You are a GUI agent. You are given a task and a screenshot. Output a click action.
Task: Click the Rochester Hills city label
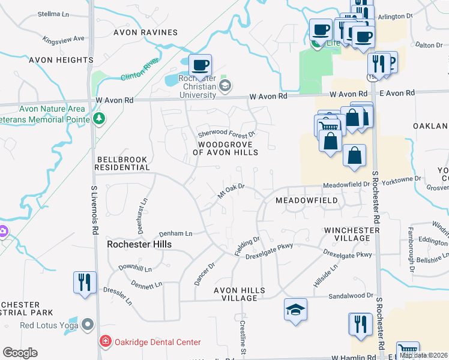139,244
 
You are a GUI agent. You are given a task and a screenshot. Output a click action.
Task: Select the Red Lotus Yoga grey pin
88,326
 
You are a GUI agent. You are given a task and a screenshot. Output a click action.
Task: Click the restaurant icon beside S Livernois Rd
83,282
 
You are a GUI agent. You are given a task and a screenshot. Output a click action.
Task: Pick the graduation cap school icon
295,310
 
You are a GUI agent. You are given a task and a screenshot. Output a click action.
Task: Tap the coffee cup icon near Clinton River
200,64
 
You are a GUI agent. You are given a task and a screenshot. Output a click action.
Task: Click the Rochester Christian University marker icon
224,85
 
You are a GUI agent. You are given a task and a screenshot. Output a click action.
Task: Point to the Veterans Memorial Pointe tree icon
100,118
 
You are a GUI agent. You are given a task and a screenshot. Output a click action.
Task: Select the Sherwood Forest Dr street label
228,133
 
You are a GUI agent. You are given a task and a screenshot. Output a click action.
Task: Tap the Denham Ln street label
175,233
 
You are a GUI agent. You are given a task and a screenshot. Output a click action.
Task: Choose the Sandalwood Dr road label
350,296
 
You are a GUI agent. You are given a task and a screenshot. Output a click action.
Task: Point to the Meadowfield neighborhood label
306,200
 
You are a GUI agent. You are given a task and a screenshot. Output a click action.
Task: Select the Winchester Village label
352,234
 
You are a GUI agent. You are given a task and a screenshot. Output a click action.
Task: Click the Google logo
20,352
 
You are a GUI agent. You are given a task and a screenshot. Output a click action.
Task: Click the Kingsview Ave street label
64,40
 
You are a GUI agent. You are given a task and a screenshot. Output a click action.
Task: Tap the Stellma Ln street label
53,13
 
